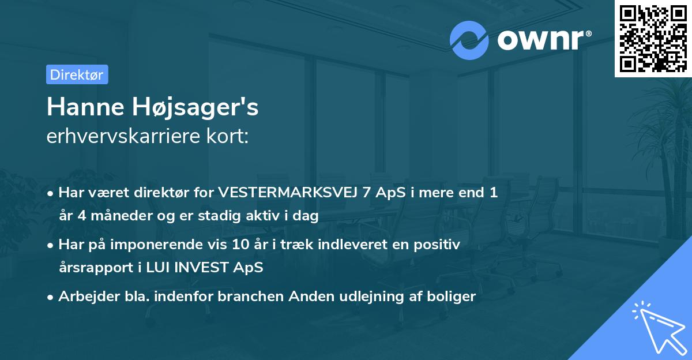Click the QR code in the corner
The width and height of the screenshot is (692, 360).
click(x=653, y=38)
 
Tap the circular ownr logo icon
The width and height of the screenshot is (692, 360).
click(x=469, y=40)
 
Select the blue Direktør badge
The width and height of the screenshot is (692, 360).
click(x=77, y=74)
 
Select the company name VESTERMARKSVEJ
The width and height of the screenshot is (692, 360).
click(x=287, y=193)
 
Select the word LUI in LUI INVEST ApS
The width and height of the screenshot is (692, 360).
click(x=155, y=268)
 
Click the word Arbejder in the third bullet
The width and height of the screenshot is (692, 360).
click(x=84, y=297)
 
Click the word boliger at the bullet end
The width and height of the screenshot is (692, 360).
click(x=452, y=297)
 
